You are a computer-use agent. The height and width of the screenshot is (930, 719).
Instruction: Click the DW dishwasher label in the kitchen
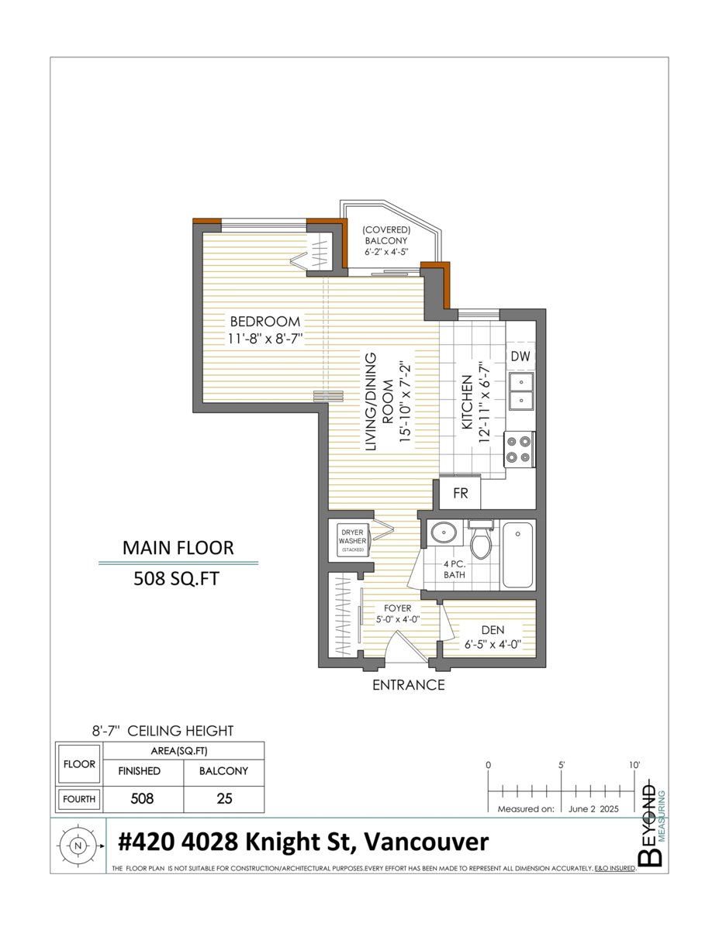pos(520,356)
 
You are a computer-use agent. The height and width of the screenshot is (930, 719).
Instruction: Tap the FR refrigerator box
pos(461,494)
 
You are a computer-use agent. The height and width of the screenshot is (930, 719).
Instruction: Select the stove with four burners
pos(519,449)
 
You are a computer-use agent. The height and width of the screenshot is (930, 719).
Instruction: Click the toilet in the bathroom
pos(481,541)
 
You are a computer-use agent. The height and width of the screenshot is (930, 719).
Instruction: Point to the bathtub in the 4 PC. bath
pos(517,555)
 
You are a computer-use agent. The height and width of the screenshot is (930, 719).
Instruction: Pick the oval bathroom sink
pos(443,533)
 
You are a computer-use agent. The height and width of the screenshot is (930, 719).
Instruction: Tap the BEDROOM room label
pos(264,322)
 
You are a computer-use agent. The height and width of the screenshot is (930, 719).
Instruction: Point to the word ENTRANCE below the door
pos(409,685)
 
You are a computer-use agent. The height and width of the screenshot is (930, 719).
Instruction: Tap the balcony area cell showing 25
pos(224,798)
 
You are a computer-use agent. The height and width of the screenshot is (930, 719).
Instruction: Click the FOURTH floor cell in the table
pos(80,799)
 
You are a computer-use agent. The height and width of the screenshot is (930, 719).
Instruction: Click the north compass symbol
pos(77,846)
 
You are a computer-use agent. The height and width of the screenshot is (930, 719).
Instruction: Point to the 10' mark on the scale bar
pos(634,766)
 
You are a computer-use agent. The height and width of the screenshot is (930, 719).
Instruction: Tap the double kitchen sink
pos(520,391)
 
